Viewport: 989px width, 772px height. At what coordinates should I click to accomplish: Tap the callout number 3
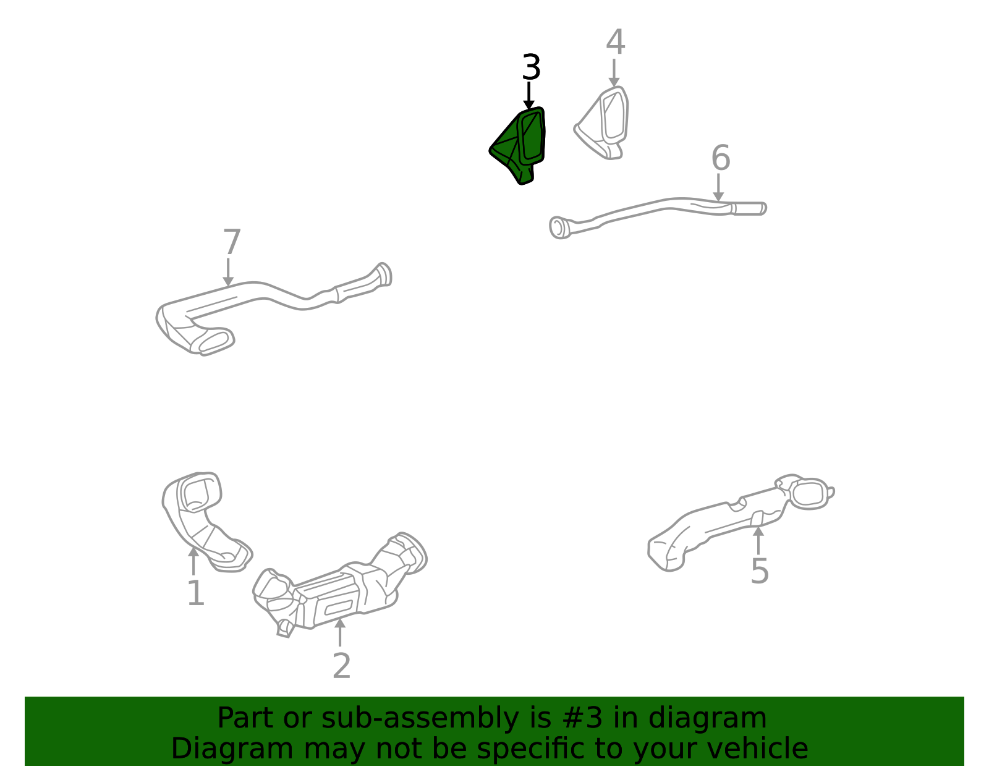click(531, 67)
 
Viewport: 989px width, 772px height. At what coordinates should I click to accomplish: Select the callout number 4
click(615, 42)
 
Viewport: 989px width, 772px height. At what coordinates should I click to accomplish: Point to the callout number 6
click(721, 158)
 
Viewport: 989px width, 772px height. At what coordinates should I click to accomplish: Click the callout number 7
click(232, 242)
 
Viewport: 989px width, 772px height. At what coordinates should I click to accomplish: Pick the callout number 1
click(196, 593)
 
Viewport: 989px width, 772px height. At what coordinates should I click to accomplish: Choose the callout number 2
click(341, 666)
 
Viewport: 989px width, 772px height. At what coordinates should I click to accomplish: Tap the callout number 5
click(760, 571)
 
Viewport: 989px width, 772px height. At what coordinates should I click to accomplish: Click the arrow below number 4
click(614, 73)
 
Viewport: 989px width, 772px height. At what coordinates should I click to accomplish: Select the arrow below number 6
click(718, 187)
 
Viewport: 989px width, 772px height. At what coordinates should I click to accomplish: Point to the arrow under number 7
click(228, 272)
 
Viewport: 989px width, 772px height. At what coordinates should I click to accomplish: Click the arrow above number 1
click(193, 561)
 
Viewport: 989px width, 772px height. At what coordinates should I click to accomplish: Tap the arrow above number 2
click(340, 632)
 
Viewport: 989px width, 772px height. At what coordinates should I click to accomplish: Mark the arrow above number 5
click(758, 540)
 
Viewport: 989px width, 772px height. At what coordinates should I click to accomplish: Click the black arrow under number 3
click(528, 96)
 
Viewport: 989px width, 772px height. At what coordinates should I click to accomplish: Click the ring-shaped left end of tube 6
click(559, 227)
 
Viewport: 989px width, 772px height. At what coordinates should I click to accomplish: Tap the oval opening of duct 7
click(213, 341)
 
